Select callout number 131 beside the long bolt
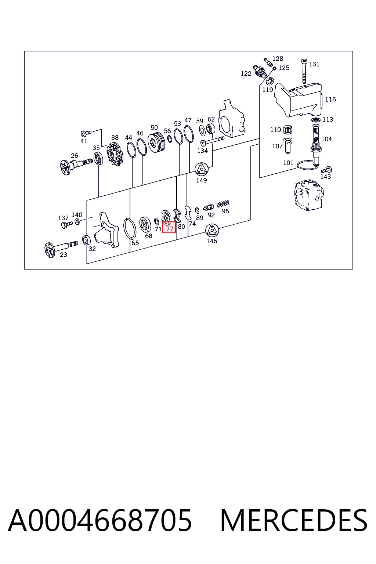314,64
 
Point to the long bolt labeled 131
304,71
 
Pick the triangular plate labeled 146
212,230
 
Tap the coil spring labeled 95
223,203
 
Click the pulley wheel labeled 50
157,142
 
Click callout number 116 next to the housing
330,99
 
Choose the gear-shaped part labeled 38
114,154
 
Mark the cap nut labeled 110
288,129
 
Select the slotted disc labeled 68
145,224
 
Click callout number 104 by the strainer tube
326,139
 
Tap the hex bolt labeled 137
67,224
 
